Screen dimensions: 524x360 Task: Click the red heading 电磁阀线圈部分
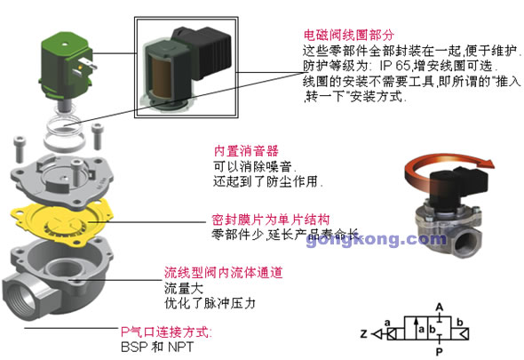pos(348,35)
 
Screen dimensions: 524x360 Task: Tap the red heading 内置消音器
pos(246,151)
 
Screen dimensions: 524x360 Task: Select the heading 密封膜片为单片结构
pos(271,220)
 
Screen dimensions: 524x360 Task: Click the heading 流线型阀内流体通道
pos(223,273)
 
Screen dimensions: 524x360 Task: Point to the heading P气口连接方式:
pos(166,332)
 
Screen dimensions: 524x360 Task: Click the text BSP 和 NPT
pos(157,347)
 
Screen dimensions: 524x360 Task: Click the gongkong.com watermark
pos(376,239)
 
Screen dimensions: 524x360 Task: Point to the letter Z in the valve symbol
pos(364,334)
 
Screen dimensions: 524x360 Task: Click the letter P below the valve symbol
pos(439,352)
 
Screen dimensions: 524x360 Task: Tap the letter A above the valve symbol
pos(440,308)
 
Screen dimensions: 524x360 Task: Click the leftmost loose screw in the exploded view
pos(20,149)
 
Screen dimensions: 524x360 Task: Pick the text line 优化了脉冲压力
pos(210,303)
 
